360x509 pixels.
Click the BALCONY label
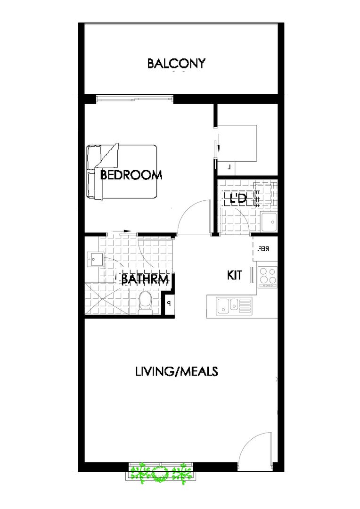[x=176, y=64]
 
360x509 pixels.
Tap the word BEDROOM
[x=131, y=175]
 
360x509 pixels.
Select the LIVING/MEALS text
[x=176, y=371]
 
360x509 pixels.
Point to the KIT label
[x=234, y=275]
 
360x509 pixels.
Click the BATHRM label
[x=145, y=280]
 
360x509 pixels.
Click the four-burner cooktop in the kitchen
[x=268, y=277]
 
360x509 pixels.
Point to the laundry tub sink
[x=270, y=222]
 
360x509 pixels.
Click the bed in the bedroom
[x=122, y=172]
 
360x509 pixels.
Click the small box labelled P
[x=168, y=304]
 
